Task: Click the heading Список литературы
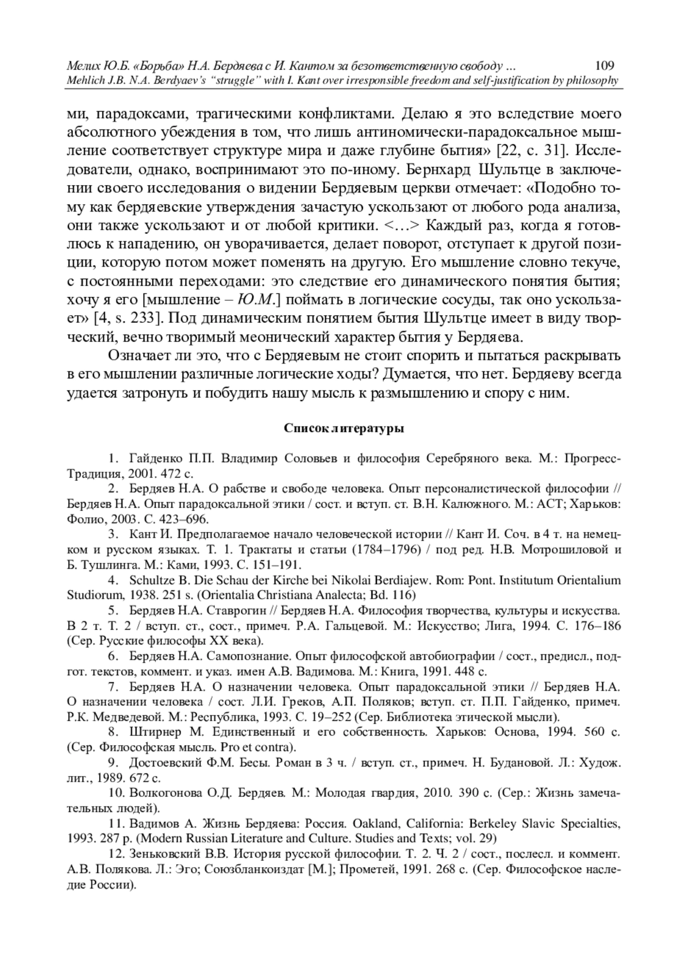pos(343,428)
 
